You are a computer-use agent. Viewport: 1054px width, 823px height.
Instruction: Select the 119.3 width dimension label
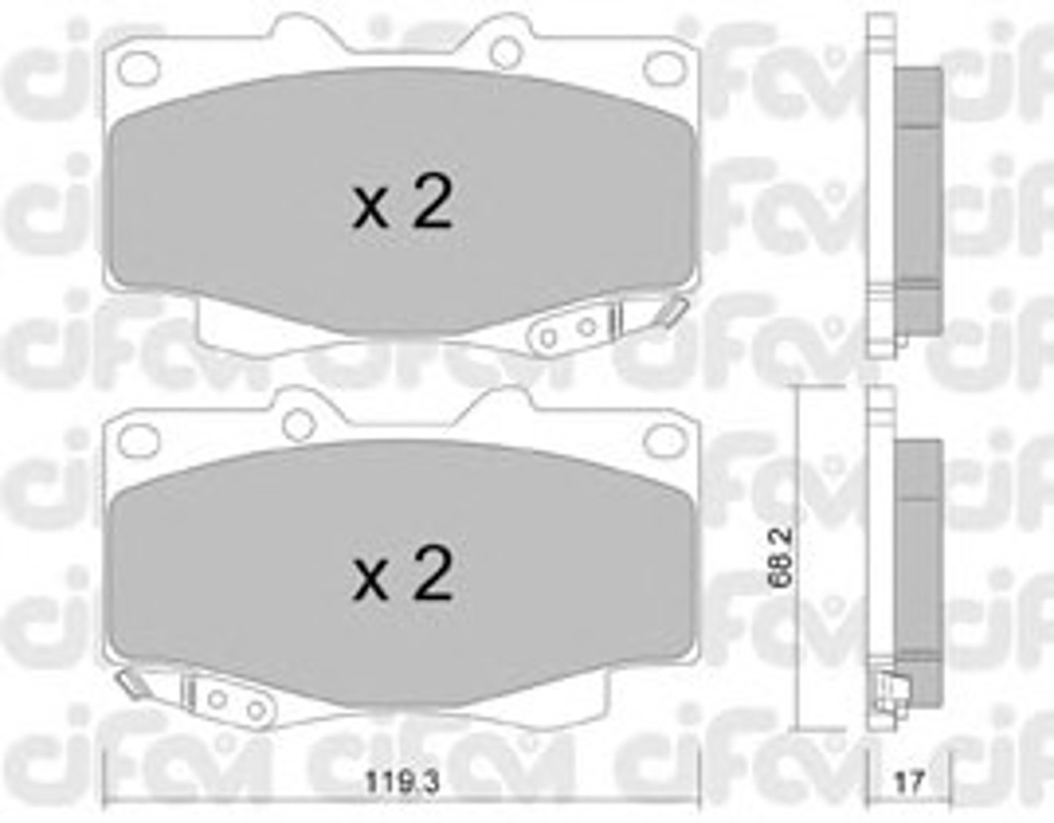pyautogui.click(x=402, y=782)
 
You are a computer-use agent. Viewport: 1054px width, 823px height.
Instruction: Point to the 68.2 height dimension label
pyautogui.click(x=783, y=557)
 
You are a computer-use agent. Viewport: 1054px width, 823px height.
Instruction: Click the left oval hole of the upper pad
pyautogui.click(x=138, y=68)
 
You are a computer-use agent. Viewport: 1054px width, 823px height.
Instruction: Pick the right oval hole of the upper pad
pyautogui.click(x=664, y=68)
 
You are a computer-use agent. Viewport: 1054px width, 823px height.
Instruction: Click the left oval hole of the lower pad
pyautogui.click(x=138, y=439)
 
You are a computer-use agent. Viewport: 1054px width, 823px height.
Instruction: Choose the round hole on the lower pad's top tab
pyautogui.click(x=299, y=423)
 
